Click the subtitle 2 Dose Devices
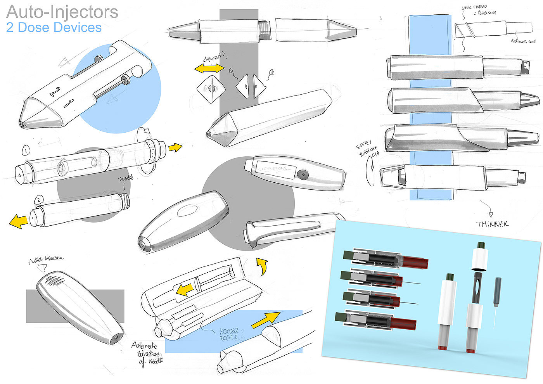pyautogui.click(x=54, y=28)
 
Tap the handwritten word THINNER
pyautogui.click(x=493, y=224)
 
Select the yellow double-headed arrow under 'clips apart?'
pyautogui.click(x=209, y=69)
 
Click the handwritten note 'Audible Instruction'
pyautogui.click(x=46, y=259)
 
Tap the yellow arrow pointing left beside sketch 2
pyautogui.click(x=18, y=221)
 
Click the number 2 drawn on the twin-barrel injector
pyautogui.click(x=55, y=92)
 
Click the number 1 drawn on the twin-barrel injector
pyautogui.click(x=69, y=104)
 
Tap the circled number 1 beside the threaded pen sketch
pyautogui.click(x=26, y=150)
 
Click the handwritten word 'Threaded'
pyautogui.click(x=125, y=178)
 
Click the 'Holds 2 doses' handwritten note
pyautogui.click(x=232, y=334)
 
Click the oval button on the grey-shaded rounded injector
pyautogui.click(x=187, y=211)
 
